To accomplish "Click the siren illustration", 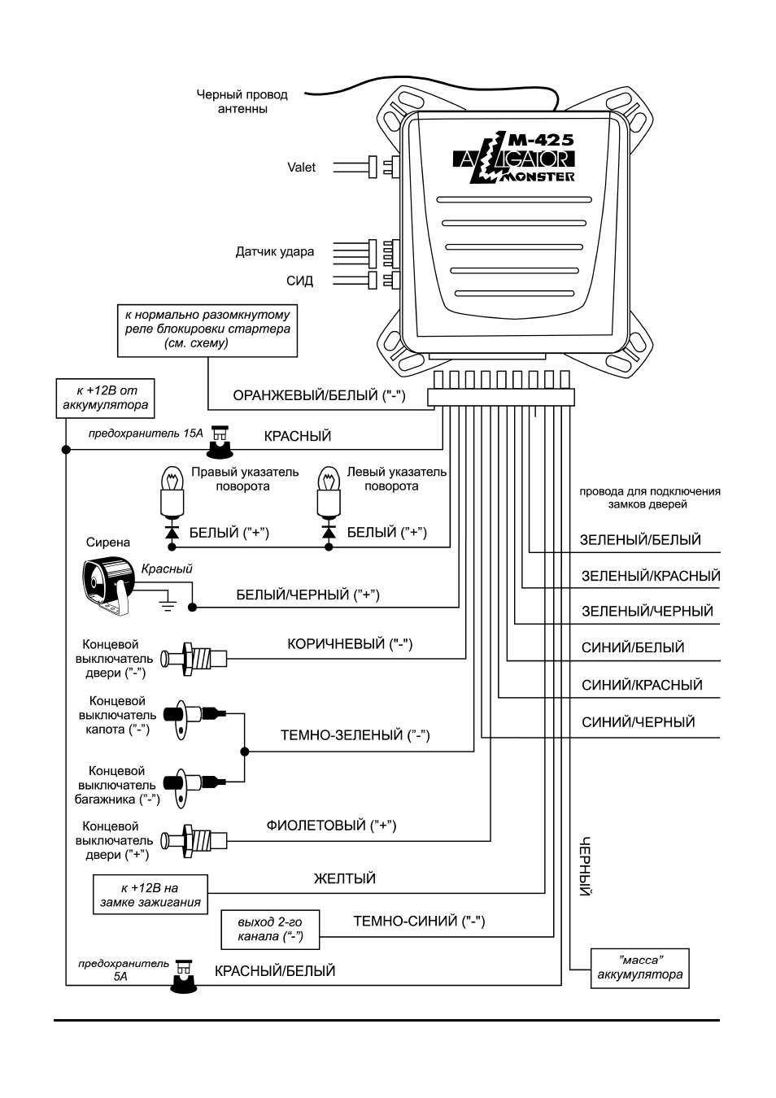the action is (x=109, y=586).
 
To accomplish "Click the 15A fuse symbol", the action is (x=220, y=441).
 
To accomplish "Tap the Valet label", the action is (x=301, y=168).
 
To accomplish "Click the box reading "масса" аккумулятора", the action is (x=639, y=968).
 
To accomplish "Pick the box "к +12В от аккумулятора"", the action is (x=106, y=398).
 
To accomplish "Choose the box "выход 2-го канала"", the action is (x=271, y=930).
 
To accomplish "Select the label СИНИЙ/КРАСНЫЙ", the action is (x=642, y=685).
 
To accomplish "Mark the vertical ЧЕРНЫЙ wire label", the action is (x=585, y=866).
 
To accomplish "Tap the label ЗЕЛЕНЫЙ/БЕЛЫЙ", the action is (x=640, y=540).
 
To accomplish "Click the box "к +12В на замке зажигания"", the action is (x=150, y=895).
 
